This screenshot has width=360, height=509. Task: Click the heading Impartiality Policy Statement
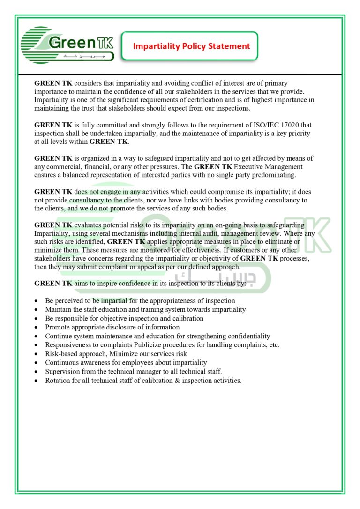tap(191, 46)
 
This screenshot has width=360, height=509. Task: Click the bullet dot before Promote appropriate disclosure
tap(37, 328)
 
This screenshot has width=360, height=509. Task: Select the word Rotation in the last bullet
tap(59, 381)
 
